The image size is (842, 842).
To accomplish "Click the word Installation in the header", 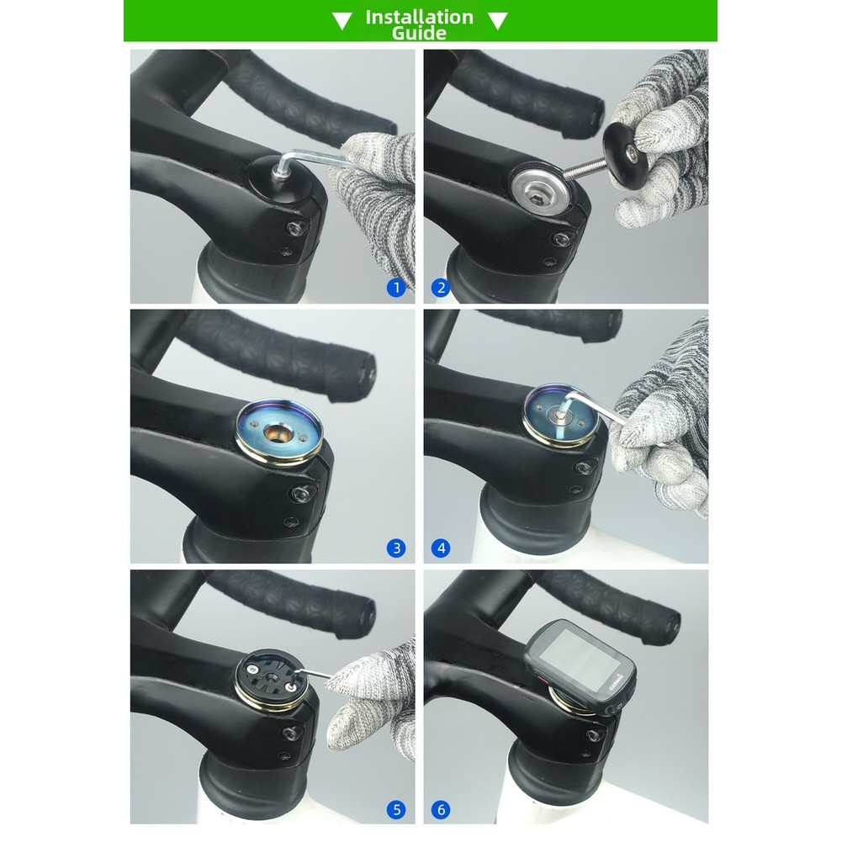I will (x=419, y=17).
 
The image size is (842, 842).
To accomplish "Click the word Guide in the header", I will (x=419, y=34).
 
